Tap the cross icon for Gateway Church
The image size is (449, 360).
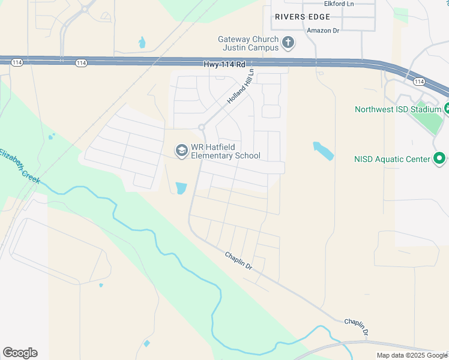pyautogui.click(x=288, y=43)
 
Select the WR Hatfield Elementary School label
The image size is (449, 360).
pyautogui.click(x=225, y=152)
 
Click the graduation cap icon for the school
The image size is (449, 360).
pyautogui.click(x=181, y=151)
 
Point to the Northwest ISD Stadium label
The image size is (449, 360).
pyautogui.click(x=397, y=109)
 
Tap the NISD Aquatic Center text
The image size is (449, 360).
pyautogui.click(x=392, y=159)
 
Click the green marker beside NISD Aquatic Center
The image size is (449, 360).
pyautogui.click(x=439, y=159)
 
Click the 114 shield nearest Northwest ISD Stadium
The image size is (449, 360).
pyautogui.click(x=419, y=82)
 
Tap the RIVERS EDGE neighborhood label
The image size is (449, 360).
pyautogui.click(x=298, y=17)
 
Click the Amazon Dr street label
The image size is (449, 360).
pyautogui.click(x=323, y=30)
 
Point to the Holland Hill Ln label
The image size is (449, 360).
pyautogui.click(x=241, y=86)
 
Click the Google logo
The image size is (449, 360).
pyautogui.click(x=20, y=353)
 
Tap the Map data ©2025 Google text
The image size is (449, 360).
pyautogui.click(x=412, y=355)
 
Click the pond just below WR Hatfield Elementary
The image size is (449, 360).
pyautogui.click(x=181, y=188)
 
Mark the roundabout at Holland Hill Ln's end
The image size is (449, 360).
pyautogui.click(x=202, y=127)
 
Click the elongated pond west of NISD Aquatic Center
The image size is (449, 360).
pyautogui.click(x=323, y=151)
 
